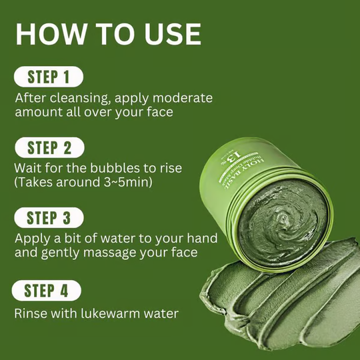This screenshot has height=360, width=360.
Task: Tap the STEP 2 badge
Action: click(47, 147)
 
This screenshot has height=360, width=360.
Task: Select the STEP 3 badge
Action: click(47, 218)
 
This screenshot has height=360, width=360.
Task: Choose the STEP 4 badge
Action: click(47, 290)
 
